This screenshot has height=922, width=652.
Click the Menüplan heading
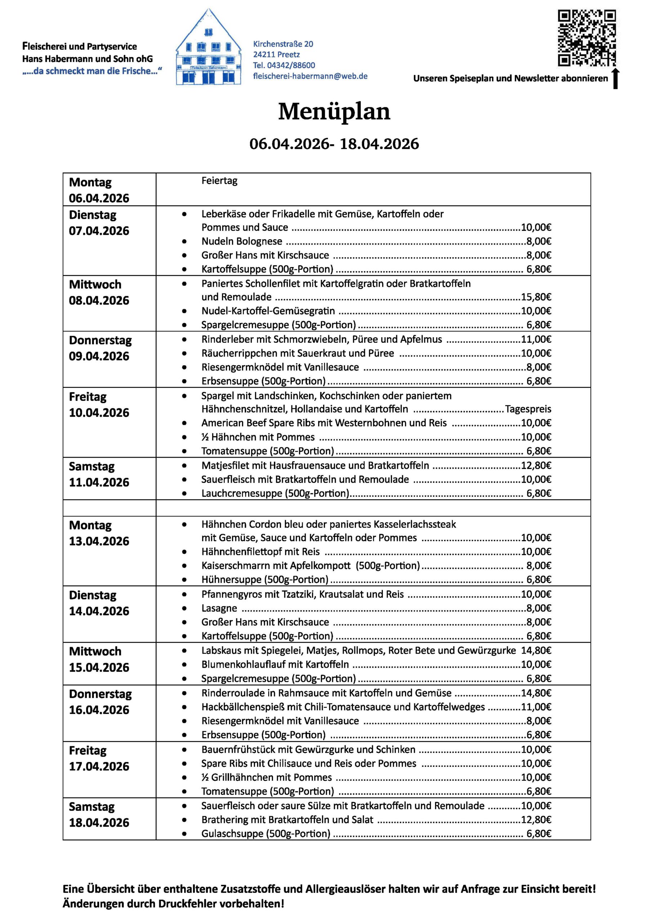tap(334, 112)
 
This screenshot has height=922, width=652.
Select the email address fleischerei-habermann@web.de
tap(310, 76)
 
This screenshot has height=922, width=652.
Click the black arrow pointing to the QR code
tap(616, 79)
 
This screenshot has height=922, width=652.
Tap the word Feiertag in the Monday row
tap(219, 181)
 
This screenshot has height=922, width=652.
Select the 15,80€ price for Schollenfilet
tap(536, 297)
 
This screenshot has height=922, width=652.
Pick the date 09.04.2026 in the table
tap(99, 356)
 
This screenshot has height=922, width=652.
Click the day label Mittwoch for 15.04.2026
tap(95, 651)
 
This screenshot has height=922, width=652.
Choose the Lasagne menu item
tap(219, 608)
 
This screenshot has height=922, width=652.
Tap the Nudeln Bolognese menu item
tap(242, 241)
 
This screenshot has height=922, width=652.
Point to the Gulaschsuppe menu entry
tap(265, 834)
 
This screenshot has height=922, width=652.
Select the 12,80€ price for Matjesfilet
tap(536, 465)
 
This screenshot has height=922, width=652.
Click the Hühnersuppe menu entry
tap(265, 579)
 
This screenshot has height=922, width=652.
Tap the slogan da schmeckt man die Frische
tap(92, 71)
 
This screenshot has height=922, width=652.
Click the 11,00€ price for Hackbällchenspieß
tap(536, 707)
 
